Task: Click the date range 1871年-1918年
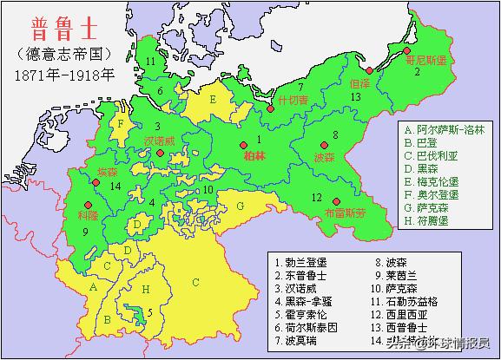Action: coord(64,75)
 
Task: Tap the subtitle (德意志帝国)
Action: coord(64,54)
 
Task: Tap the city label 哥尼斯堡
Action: coord(425,62)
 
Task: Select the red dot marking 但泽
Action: coord(369,70)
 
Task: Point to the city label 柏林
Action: coord(254,156)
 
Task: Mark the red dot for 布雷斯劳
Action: coord(335,200)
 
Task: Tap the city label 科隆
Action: coord(88,213)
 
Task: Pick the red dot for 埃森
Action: coord(96,183)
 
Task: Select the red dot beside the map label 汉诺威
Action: coord(161,154)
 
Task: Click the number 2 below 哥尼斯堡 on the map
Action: coord(417,72)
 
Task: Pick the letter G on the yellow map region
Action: coord(240,206)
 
